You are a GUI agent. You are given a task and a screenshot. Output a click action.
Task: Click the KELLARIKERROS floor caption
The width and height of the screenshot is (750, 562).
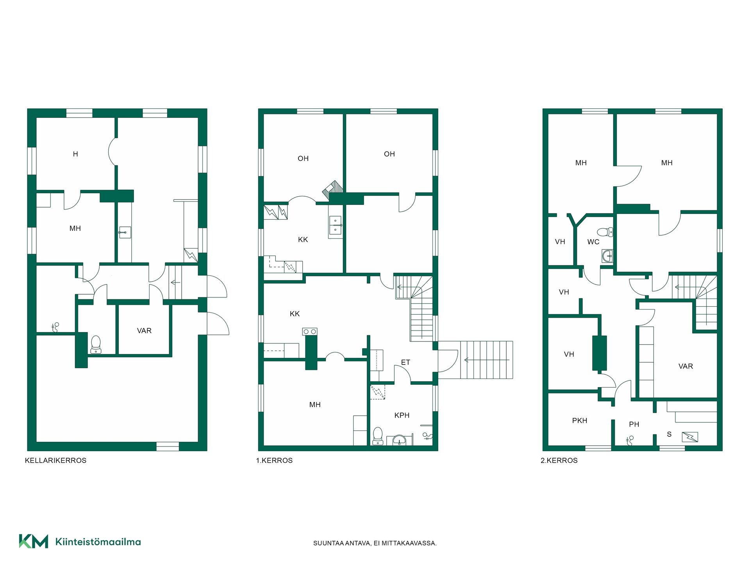[55, 461]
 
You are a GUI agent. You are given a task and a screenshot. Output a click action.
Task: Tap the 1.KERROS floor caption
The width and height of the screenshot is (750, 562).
[274, 461]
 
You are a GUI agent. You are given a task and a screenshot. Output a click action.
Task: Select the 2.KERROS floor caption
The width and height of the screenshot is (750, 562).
[559, 461]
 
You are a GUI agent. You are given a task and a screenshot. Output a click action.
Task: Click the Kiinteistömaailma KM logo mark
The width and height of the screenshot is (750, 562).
[34, 541]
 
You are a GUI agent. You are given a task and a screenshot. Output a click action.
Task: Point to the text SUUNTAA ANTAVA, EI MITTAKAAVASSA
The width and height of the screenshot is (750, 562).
[375, 543]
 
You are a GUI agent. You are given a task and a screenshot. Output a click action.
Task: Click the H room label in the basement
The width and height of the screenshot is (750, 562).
[75, 154]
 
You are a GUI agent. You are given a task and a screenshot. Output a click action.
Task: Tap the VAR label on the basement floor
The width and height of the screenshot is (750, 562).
[144, 331]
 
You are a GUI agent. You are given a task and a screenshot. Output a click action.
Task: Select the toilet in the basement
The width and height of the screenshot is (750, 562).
[96, 345]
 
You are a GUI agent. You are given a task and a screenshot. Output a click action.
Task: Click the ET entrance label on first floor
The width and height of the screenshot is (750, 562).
[405, 363]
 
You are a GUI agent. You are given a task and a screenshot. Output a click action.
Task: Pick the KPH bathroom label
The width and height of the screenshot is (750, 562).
[402, 416]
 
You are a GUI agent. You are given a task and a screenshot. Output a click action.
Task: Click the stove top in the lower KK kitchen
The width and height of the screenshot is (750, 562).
[310, 332]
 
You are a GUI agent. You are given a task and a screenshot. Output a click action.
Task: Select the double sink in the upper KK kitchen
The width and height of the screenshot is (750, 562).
[335, 226]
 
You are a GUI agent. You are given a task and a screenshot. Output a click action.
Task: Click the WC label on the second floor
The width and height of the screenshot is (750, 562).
[593, 242]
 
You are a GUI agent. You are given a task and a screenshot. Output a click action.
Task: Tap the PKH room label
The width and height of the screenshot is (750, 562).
[580, 421]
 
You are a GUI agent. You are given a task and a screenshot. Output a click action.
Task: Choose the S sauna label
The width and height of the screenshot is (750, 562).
[669, 434]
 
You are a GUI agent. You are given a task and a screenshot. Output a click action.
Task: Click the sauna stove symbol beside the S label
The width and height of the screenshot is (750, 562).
[690, 437]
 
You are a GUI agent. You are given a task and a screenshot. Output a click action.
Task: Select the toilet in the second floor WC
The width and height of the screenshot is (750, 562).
[605, 232]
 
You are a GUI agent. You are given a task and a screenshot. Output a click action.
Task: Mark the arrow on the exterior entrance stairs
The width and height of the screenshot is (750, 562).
[486, 360]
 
